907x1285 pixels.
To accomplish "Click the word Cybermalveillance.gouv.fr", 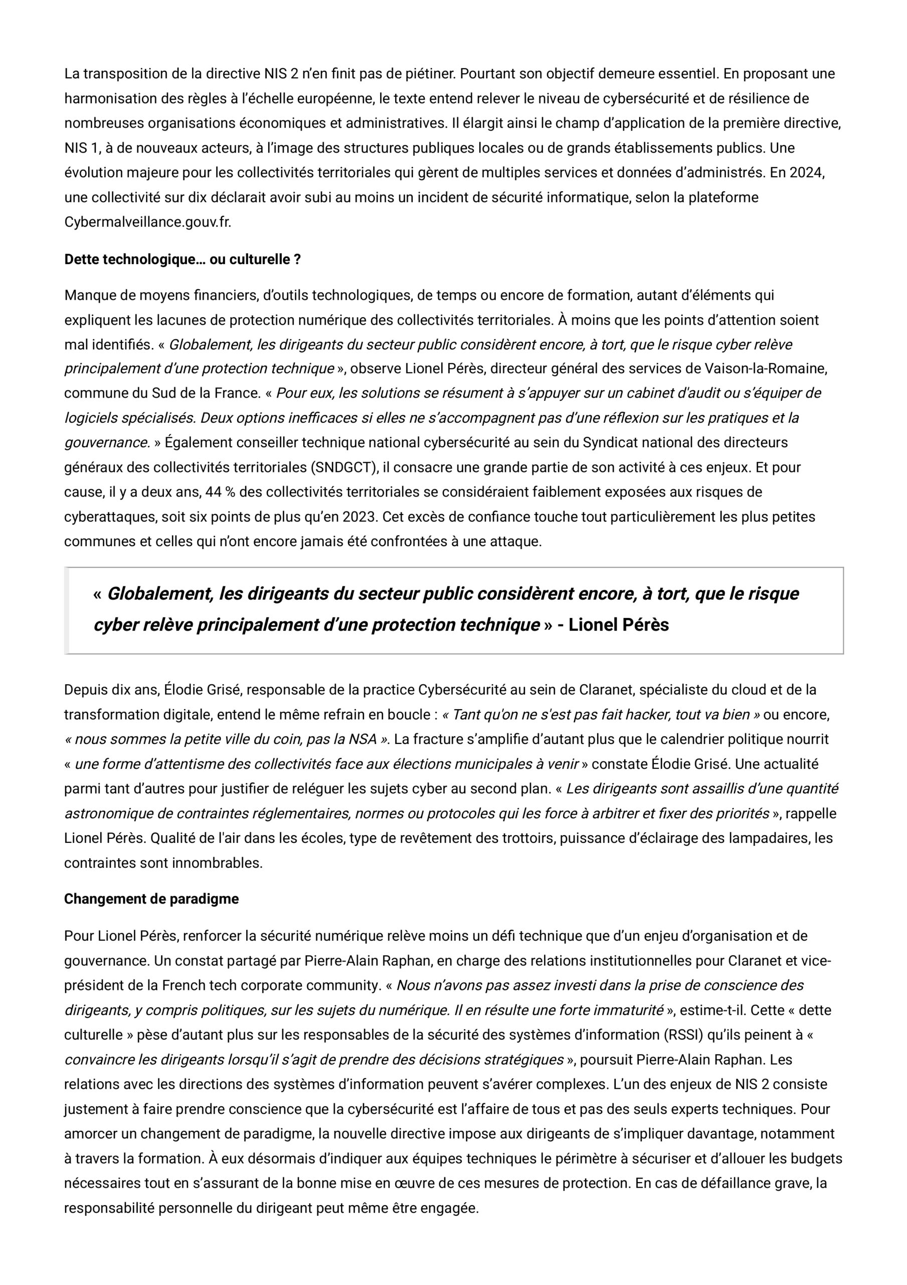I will tap(147, 222).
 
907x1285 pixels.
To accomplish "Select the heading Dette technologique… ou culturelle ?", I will tap(183, 259).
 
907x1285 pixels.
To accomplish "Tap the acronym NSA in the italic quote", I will tap(363, 739).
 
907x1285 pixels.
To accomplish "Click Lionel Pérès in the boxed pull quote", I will tap(619, 624).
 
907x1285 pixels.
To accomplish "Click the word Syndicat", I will tap(608, 443).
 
